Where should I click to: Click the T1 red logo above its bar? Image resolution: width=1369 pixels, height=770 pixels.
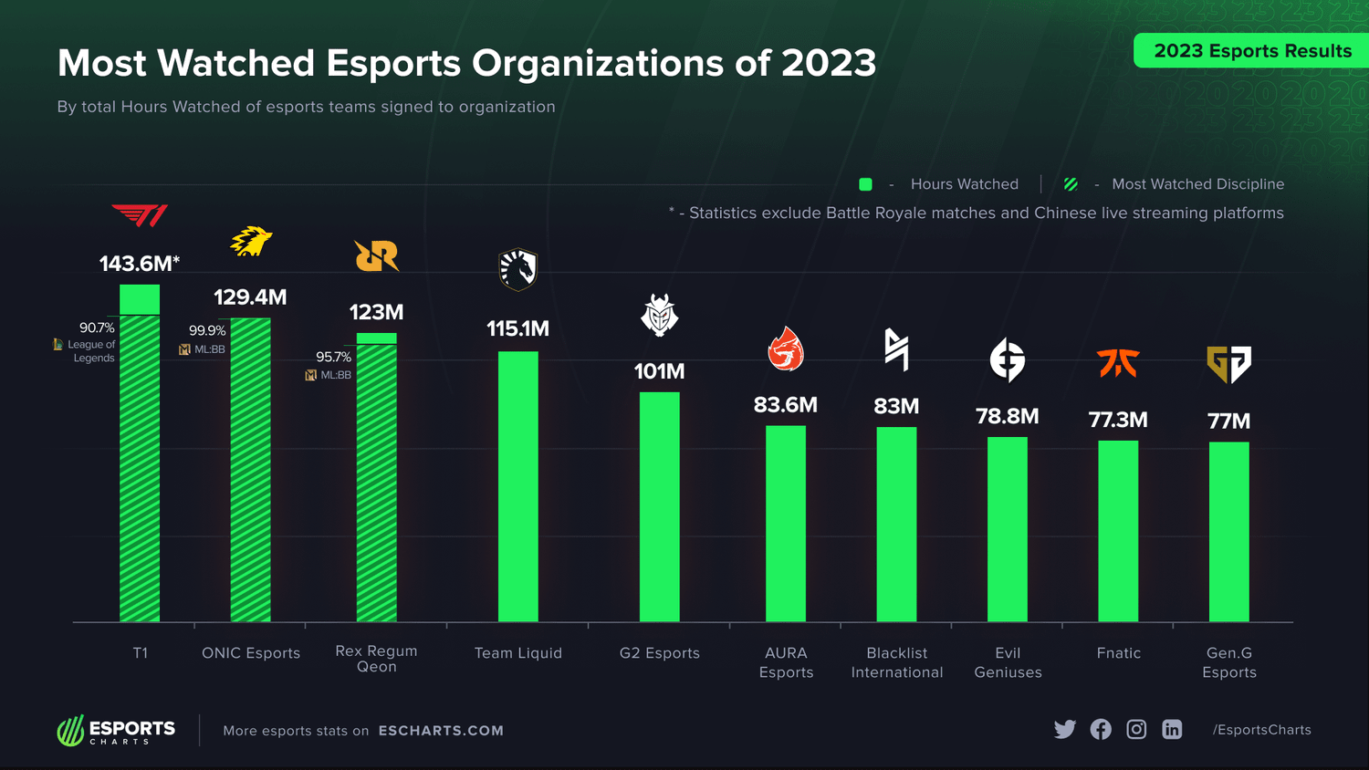[x=140, y=215]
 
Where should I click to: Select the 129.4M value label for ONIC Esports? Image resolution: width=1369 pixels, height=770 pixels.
[x=250, y=297]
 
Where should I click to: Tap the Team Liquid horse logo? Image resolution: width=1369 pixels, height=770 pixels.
[x=517, y=270]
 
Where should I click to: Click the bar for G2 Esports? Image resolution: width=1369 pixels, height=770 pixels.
[x=659, y=506]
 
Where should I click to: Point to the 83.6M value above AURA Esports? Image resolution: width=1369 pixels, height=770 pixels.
[x=785, y=405]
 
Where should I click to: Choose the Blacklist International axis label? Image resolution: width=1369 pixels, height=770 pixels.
[x=896, y=662]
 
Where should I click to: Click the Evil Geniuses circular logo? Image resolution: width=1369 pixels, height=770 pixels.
[x=1008, y=359]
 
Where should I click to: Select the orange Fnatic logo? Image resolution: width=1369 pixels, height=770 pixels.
[x=1118, y=363]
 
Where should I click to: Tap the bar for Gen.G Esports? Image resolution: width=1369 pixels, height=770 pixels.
[x=1228, y=531]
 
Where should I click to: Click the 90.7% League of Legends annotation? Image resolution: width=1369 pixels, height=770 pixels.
[x=95, y=328]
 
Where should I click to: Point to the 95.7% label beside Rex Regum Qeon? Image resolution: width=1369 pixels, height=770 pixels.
[x=333, y=357]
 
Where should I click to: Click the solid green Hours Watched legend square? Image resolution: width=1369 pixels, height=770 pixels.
[x=865, y=184]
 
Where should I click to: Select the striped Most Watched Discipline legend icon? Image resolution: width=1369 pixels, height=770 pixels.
[x=1071, y=184]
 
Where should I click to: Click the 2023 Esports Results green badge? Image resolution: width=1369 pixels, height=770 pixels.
[x=1251, y=51]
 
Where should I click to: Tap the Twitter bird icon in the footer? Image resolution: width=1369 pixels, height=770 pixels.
[x=1064, y=730]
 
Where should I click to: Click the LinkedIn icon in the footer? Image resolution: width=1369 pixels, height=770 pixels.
[x=1172, y=730]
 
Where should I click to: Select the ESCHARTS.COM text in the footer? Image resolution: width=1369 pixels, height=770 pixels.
[x=441, y=731]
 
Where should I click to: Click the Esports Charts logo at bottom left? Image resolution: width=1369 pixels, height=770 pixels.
[x=116, y=731]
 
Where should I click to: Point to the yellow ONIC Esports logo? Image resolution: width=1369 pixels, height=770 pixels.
[x=251, y=242]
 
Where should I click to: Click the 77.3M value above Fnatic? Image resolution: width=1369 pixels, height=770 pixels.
[x=1118, y=420]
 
